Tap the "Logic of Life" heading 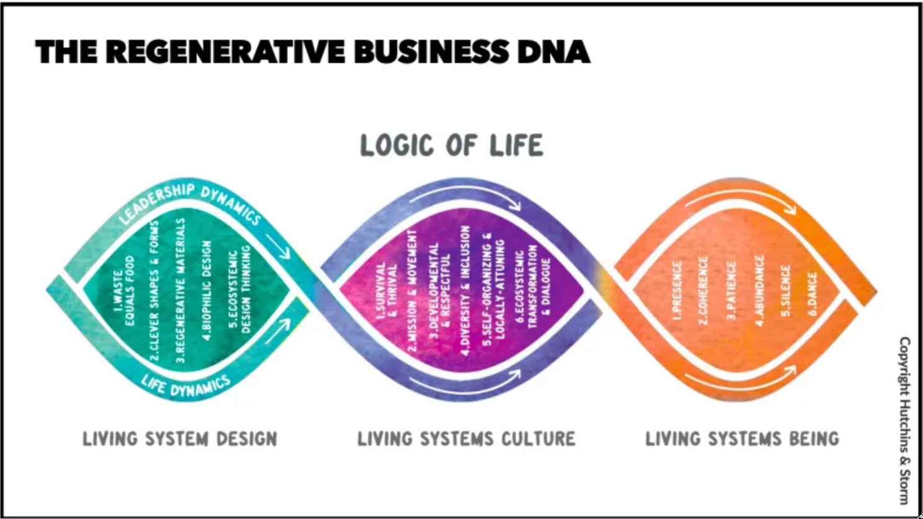(x=452, y=146)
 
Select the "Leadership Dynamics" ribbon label (x=189, y=202)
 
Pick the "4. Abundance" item (x=759, y=290)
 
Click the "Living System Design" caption (x=180, y=439)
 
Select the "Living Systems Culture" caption (x=466, y=439)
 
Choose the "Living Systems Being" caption (x=742, y=439)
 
